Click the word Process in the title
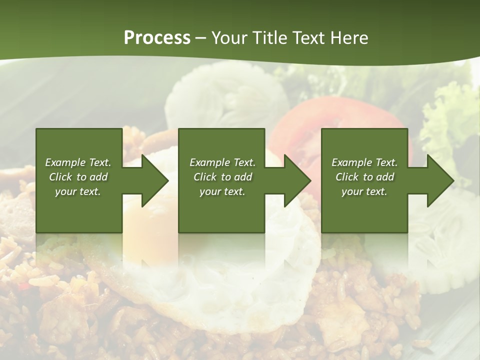(157, 38)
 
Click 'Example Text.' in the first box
(78, 162)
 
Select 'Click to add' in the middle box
(222, 177)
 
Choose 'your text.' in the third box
(364, 191)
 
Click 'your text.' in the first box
(78, 191)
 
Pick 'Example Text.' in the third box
(364, 162)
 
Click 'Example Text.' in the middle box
(222, 162)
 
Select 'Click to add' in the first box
(78, 177)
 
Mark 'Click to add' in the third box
(364, 177)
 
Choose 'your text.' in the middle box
(222, 191)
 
